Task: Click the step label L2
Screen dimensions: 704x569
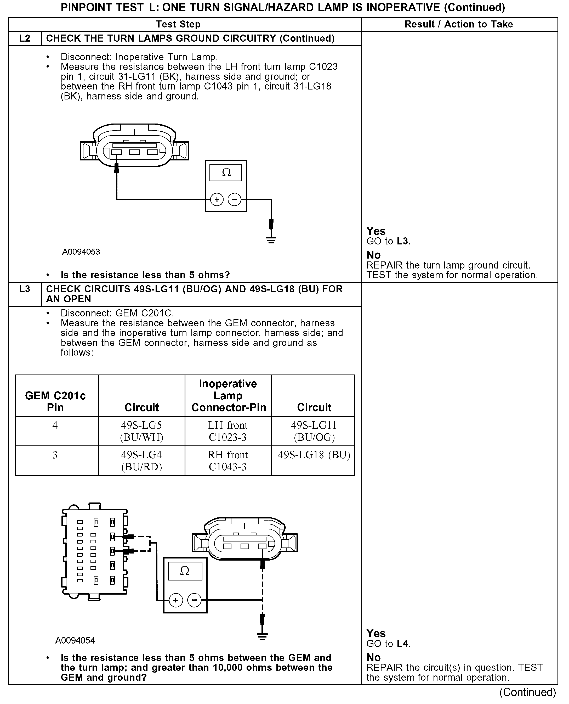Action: point(25,39)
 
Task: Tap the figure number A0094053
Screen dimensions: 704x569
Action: point(81,252)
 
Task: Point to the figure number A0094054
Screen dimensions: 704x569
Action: point(75,641)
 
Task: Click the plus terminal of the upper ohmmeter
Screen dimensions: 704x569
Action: point(217,199)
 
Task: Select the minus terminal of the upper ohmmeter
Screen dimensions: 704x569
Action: point(234,199)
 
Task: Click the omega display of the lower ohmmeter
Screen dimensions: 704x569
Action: point(185,571)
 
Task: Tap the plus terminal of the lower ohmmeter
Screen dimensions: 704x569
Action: point(176,600)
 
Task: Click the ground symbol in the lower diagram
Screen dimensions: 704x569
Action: point(262,637)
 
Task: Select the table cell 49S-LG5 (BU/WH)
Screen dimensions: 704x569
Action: point(141,431)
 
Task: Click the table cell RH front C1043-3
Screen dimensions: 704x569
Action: point(228,461)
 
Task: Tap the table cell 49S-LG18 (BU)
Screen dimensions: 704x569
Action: point(314,455)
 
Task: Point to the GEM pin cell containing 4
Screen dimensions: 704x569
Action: point(55,426)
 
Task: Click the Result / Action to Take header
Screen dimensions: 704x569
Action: point(459,24)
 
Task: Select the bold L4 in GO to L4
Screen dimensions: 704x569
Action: point(402,644)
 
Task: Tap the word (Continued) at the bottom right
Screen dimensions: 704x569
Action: point(528,692)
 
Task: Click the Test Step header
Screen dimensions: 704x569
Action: point(178,24)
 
